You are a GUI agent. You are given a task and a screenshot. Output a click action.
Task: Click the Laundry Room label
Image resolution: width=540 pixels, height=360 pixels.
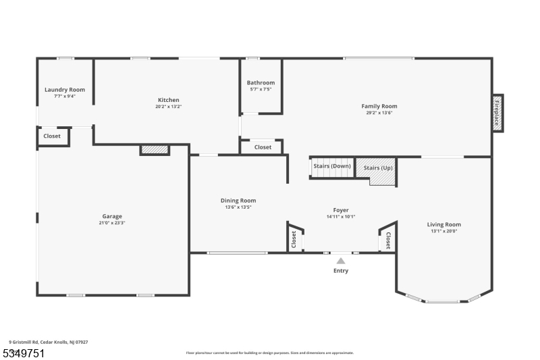65,90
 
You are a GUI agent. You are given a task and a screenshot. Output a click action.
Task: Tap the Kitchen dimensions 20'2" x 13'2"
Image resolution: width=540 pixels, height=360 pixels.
168,107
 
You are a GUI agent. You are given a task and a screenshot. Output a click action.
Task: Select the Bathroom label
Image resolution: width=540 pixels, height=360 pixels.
261,83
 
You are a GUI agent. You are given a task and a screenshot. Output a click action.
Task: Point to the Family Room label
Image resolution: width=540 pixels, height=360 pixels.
379,106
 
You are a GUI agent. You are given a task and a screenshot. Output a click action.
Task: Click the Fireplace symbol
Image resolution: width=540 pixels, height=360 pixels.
497,113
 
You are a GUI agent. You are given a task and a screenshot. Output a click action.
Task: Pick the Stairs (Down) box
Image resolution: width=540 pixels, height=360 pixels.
331,167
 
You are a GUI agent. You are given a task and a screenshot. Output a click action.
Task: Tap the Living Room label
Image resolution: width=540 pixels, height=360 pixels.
443,224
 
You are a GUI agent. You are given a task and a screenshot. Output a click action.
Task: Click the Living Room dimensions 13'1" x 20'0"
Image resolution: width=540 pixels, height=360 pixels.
443,231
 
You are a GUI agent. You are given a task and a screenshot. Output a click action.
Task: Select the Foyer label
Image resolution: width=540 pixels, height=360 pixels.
340,210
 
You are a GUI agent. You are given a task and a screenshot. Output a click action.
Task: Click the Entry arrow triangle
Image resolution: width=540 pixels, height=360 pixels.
341,260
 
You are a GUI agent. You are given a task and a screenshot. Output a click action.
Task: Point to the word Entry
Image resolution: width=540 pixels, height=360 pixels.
341,271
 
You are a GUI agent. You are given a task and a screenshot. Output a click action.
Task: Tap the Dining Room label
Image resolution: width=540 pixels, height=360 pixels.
238,200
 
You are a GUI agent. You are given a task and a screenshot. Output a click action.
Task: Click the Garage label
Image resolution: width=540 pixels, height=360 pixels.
112,216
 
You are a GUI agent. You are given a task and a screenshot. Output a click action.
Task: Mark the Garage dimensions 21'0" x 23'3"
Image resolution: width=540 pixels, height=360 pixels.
112,223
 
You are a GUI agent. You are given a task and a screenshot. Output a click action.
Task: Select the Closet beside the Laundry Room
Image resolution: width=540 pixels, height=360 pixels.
52,136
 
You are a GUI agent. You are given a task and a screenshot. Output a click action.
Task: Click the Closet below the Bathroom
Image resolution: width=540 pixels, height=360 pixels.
263,147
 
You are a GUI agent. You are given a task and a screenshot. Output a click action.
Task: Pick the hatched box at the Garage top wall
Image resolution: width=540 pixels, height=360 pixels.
155,150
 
